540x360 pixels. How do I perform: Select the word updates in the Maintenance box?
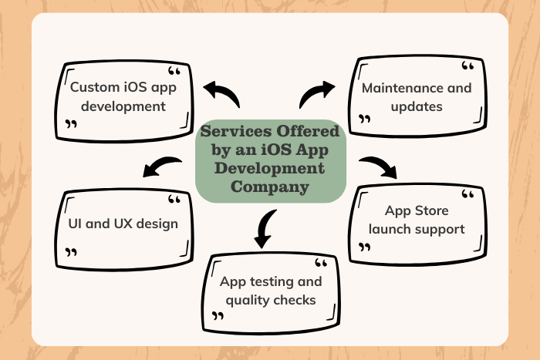tap(417, 107)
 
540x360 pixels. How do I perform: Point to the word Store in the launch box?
tap(431, 210)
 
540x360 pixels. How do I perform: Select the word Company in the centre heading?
tap(270, 187)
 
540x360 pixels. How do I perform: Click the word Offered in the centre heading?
tap(308, 131)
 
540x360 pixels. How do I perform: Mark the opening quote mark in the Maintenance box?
tap(467, 66)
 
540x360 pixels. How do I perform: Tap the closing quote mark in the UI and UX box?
tap(71, 252)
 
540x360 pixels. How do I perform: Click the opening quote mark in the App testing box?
tap(321, 263)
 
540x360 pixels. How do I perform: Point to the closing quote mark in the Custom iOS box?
tap(71, 124)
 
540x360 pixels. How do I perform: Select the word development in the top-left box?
tap(123, 106)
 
